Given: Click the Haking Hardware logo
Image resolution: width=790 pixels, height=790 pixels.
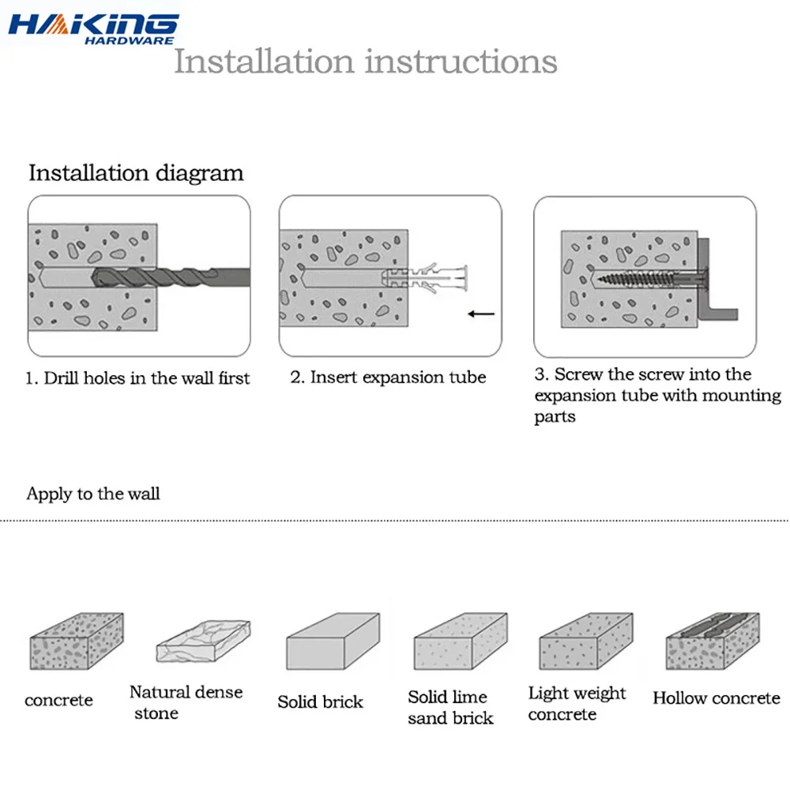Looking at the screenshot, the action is pyautogui.click(x=93, y=30).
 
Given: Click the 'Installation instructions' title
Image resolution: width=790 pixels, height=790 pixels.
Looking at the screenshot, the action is pyautogui.click(x=366, y=62).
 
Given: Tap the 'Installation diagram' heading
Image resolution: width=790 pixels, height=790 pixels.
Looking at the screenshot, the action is pyautogui.click(x=136, y=173).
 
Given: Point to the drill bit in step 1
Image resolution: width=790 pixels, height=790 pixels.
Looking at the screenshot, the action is pyautogui.click(x=171, y=277).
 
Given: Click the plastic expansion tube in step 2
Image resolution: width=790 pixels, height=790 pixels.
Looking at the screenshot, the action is pyautogui.click(x=425, y=277).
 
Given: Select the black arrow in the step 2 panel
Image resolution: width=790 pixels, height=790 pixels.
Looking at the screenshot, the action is pyautogui.click(x=481, y=314).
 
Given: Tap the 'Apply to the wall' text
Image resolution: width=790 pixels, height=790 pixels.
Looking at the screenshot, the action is pyautogui.click(x=93, y=494).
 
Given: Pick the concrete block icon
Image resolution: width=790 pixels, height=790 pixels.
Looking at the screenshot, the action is pyautogui.click(x=77, y=641).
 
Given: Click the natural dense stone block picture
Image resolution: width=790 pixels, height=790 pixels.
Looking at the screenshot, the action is pyautogui.click(x=203, y=641).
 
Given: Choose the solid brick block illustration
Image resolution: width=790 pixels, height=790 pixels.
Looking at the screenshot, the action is pyautogui.click(x=333, y=641).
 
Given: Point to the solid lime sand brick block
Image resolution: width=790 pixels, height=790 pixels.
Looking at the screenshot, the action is pyautogui.click(x=461, y=641).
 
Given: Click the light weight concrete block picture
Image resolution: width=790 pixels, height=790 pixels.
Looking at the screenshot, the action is pyautogui.click(x=586, y=641).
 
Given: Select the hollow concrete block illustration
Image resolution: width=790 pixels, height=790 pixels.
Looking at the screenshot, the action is pyautogui.click(x=713, y=641).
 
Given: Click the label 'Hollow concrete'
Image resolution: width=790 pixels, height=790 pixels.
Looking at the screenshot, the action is pyautogui.click(x=717, y=698).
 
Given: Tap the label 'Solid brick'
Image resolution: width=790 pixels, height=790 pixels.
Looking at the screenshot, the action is pyautogui.click(x=321, y=702).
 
